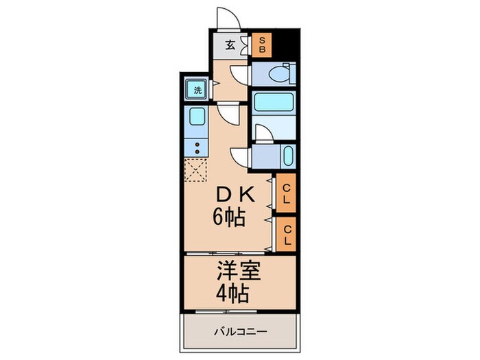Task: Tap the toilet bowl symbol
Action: (280, 73)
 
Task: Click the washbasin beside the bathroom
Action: (287, 156)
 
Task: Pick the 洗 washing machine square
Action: (197, 90)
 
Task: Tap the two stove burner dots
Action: (197, 147)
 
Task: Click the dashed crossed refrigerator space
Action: (196, 169)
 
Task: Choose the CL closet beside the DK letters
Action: (287, 193)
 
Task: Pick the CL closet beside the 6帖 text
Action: (287, 235)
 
